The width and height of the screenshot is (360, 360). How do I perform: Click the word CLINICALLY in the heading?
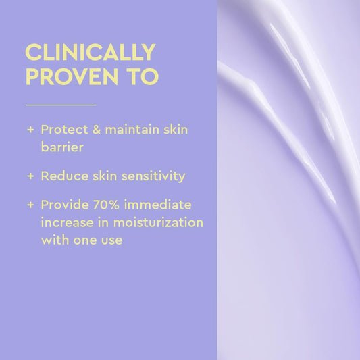[90, 53]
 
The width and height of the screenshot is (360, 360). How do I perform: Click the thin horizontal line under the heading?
[61, 105]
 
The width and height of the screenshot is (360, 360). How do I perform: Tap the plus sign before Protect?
[30, 130]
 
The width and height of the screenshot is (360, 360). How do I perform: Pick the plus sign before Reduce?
[30, 176]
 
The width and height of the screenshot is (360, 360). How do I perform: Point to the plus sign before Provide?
[30, 205]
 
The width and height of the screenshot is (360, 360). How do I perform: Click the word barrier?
[62, 147]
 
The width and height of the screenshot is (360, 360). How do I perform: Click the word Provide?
[65, 205]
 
